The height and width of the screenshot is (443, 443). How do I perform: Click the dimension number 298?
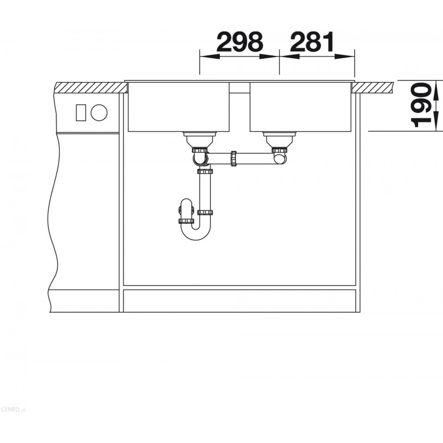[x=240, y=42]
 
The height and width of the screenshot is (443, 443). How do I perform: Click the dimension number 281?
[x=312, y=42]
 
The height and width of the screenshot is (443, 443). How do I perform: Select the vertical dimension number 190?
[x=421, y=105]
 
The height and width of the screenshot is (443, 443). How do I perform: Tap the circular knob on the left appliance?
[x=99, y=112]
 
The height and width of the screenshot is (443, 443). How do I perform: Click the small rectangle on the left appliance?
[x=81, y=112]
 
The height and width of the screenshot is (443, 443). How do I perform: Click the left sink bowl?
[x=178, y=107]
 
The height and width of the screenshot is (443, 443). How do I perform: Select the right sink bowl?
[x=301, y=107]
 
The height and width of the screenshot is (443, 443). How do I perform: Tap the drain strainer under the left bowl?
[x=200, y=139]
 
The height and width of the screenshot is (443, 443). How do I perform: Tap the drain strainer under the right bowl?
[x=280, y=139]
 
